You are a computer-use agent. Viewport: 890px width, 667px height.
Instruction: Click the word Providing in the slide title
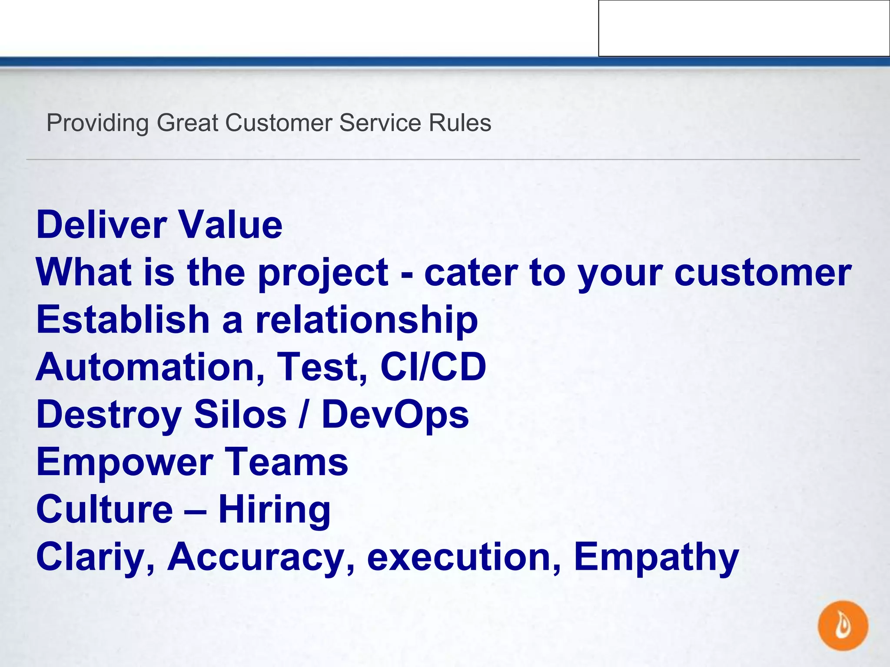[97, 123]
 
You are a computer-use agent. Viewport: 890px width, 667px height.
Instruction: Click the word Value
[231, 225]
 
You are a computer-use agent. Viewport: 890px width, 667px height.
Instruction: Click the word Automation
[149, 367]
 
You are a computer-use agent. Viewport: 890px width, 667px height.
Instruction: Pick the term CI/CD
[433, 367]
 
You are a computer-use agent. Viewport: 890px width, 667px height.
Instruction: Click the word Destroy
[109, 415]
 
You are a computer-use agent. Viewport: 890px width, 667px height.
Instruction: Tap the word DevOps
[395, 415]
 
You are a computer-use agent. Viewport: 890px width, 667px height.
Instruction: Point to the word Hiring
[274, 510]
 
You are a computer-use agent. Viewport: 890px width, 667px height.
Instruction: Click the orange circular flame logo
[843, 625]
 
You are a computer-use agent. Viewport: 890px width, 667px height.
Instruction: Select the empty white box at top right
[744, 28]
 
